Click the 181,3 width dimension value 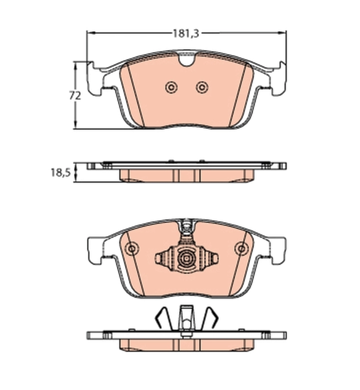187,34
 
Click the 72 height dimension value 75,96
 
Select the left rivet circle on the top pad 172,88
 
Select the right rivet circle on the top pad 202,88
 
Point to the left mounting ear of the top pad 95,79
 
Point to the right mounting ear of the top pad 279,79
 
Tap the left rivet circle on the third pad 132,248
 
